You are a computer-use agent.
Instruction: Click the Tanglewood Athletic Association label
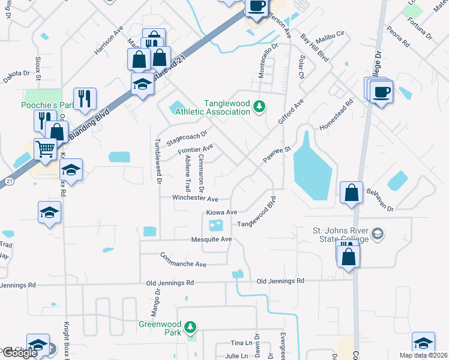(227, 107)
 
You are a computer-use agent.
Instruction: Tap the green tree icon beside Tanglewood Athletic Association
(259, 107)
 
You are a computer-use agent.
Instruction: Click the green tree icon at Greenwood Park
(190, 327)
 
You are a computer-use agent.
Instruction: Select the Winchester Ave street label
(195, 198)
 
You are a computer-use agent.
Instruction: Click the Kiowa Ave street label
(221, 212)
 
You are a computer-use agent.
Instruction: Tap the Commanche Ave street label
(183, 260)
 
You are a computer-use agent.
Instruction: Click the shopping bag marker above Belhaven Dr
(352, 193)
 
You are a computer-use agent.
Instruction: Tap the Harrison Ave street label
(109, 40)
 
